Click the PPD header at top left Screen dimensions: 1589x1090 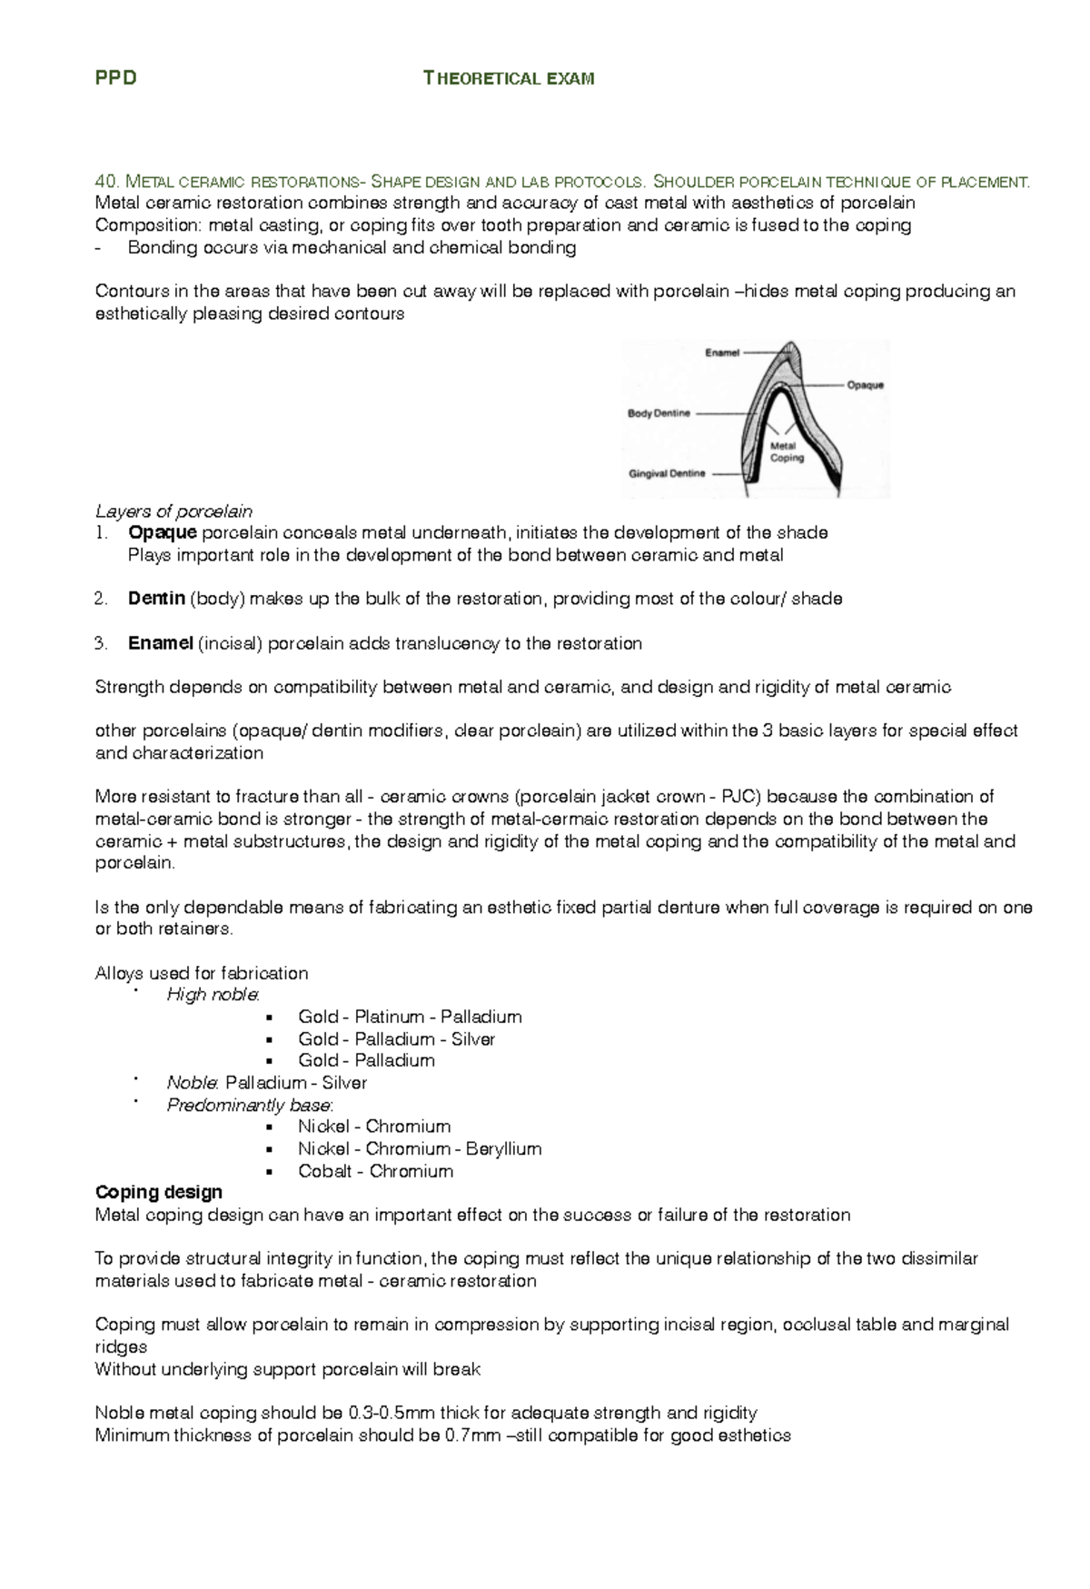tap(115, 78)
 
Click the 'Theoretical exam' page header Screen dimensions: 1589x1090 tap(509, 78)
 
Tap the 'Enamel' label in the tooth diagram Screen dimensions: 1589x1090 tap(722, 353)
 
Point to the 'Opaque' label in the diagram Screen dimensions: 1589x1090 tap(865, 385)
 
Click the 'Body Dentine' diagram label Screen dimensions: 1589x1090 tap(659, 413)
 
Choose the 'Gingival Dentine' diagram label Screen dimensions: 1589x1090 tap(667, 473)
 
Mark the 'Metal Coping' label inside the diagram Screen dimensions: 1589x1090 tap(786, 452)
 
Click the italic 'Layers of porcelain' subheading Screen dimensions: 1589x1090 tap(173, 511)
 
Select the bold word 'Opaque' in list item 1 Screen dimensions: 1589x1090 tap(162, 532)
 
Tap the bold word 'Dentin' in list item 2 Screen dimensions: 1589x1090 tap(156, 599)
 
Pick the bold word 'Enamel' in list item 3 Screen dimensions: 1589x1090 tap(160, 643)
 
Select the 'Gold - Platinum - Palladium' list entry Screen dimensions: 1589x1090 tap(410, 1017)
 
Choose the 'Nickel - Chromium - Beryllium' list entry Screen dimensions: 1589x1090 tap(420, 1148)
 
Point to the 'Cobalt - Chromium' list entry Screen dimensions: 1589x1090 tap(375, 1171)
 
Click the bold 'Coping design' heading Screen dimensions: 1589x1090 tap(159, 1192)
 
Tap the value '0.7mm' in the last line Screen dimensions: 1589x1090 tap(471, 1435)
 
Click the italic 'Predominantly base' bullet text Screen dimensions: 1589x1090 tap(249, 1105)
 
